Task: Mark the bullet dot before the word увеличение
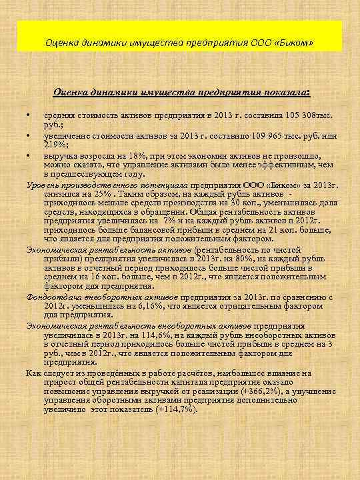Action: click(29, 136)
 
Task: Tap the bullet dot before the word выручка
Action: click(29, 156)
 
